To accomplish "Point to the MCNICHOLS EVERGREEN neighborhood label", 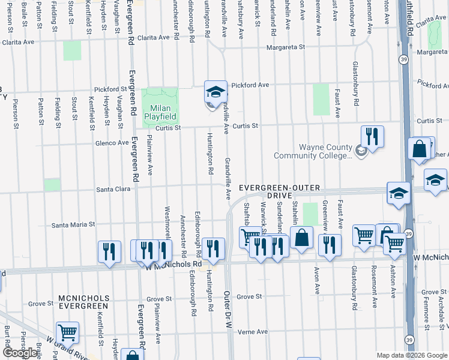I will point(83,302).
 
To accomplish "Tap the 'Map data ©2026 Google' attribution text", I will point(412,355).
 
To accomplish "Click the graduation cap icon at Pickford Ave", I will point(215,92).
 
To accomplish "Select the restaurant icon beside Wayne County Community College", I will point(373,137).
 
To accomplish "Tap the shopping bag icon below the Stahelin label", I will point(301,237).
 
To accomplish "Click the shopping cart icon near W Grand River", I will point(67,332).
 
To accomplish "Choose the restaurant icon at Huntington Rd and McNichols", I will point(213,248).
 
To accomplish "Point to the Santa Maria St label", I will point(73,225).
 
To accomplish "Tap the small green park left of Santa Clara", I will point(53,185).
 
